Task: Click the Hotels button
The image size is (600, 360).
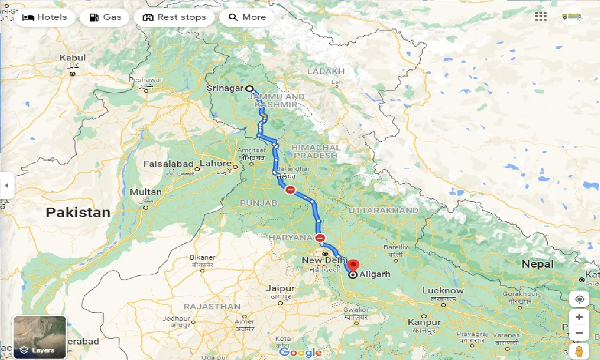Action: click(x=45, y=17)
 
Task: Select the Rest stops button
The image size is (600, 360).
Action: click(x=174, y=17)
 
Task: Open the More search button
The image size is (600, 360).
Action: click(x=247, y=17)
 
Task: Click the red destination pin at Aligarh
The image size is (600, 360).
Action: click(x=353, y=266)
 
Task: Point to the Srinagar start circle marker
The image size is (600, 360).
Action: click(x=249, y=88)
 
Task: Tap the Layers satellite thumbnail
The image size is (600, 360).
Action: click(x=40, y=337)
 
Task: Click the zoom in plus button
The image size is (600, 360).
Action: click(x=579, y=317)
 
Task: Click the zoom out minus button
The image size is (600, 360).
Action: click(x=579, y=333)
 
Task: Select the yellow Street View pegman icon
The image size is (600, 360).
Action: click(x=579, y=352)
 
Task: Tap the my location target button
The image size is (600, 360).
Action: click(x=579, y=299)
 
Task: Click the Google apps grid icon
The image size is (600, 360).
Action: click(x=540, y=16)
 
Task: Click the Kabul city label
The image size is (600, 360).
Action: click(x=73, y=58)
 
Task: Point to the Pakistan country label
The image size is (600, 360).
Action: click(x=78, y=212)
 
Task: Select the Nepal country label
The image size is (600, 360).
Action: click(x=538, y=264)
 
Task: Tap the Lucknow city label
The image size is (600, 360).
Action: click(x=442, y=290)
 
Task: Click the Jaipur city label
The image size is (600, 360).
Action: click(x=280, y=289)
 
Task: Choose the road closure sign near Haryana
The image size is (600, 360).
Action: click(x=320, y=238)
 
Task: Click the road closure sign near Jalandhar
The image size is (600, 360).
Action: click(x=290, y=190)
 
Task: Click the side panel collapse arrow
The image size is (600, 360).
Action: click(x=7, y=185)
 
